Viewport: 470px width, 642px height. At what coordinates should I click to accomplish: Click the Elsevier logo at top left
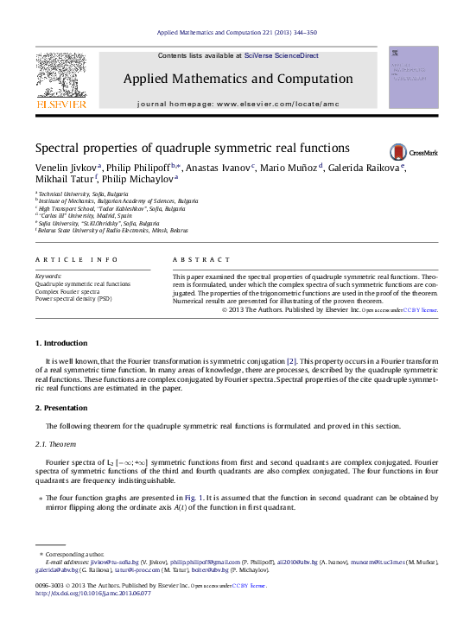60,80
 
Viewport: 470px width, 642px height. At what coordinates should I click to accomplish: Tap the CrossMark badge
413,151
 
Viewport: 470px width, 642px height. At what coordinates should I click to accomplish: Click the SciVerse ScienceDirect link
281,55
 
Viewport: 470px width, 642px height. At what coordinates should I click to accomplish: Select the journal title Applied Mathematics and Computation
237,79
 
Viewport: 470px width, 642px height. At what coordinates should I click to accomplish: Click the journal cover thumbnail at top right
414,78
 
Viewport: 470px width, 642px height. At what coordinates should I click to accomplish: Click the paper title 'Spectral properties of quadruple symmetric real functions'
192,148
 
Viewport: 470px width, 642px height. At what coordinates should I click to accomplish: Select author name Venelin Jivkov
66,168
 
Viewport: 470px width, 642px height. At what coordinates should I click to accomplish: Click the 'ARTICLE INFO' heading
76,260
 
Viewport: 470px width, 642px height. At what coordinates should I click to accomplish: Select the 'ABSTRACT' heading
201,260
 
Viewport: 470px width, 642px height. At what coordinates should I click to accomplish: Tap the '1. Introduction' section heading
61,344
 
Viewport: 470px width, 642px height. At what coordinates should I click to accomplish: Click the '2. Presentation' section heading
61,407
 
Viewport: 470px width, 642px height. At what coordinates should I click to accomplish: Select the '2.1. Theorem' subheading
55,444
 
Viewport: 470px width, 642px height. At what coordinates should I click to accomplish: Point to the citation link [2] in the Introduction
292,359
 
